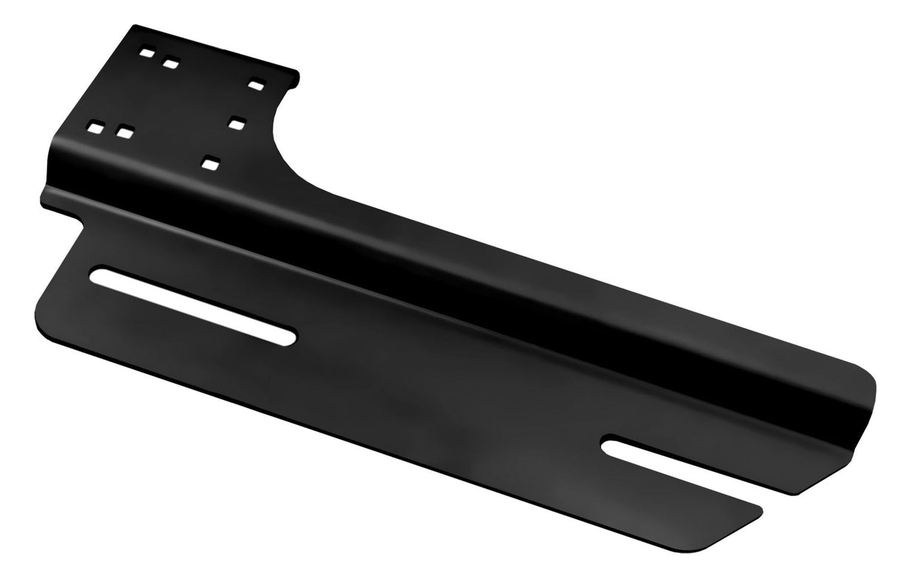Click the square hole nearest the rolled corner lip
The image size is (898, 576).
coord(256,86)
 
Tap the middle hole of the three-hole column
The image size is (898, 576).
coord(236,123)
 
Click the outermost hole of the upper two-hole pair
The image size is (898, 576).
coord(146,55)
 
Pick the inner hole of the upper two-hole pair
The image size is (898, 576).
coord(171,64)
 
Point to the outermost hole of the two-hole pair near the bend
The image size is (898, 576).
coord(94,127)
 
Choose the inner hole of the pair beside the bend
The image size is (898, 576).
coord(124,133)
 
